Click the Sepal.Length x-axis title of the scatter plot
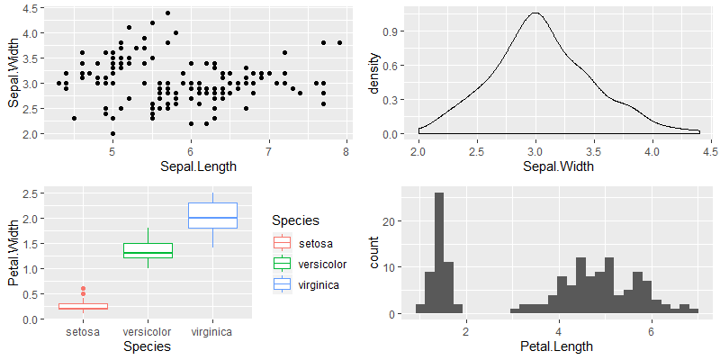pyautogui.click(x=190, y=166)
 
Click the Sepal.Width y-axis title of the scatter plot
pyautogui.click(x=14, y=72)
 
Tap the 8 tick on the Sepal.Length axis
pyautogui.click(x=346, y=153)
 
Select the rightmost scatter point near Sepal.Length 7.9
pyautogui.click(x=339, y=42)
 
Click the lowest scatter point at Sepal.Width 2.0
pyautogui.click(x=112, y=133)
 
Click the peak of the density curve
pyautogui.click(x=536, y=13)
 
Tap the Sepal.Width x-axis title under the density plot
pyautogui.click(x=560, y=166)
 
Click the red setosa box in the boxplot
pyautogui.click(x=83, y=307)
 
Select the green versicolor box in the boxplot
pyautogui.click(x=148, y=250)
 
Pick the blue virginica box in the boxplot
pyautogui.click(x=212, y=215)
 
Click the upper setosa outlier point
pyautogui.click(x=83, y=289)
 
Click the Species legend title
pyautogui.click(x=295, y=220)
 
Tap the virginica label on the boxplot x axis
pyautogui.click(x=212, y=332)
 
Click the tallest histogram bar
pyautogui.click(x=438, y=253)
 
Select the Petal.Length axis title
pyautogui.click(x=560, y=346)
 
